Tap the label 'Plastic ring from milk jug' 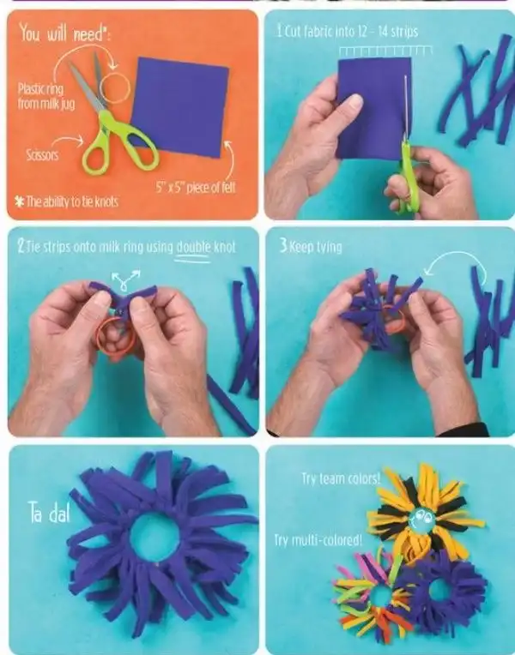46,96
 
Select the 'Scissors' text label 42,155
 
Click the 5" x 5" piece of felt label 196,188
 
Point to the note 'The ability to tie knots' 67,201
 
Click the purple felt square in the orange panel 180,107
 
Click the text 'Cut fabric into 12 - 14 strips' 348,31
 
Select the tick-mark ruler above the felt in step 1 385,51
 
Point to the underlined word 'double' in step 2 193,247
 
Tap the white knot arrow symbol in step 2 124,279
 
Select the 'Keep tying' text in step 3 311,246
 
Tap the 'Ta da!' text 49,513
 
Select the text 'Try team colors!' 341,478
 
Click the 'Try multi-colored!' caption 318,540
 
